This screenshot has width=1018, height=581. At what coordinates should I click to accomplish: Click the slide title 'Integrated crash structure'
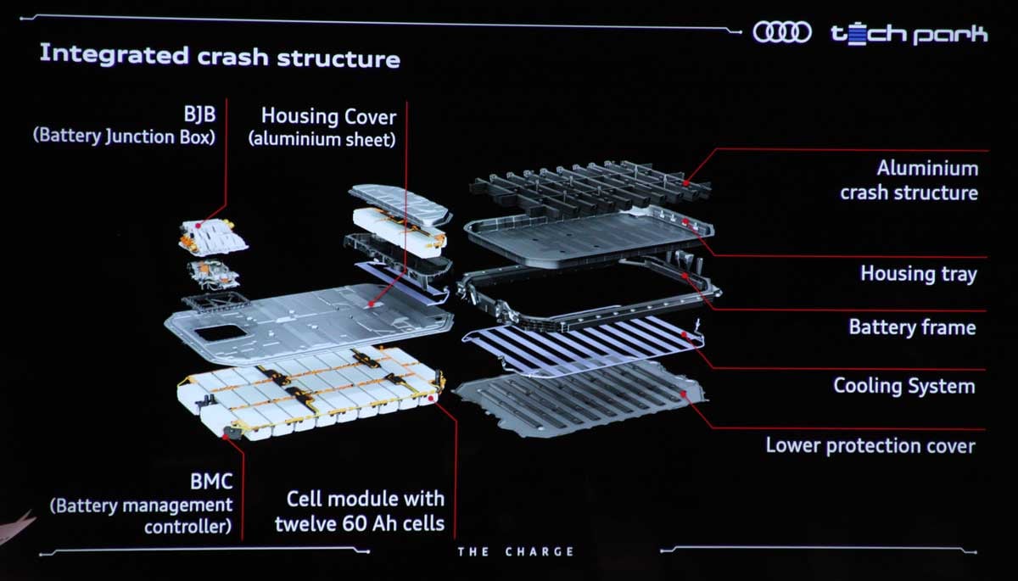tap(220, 57)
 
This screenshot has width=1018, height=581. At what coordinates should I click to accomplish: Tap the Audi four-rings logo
tap(783, 33)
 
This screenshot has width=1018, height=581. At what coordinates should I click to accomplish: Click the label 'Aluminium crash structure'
tap(909, 180)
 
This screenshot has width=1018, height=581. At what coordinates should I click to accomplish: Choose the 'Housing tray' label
tap(918, 273)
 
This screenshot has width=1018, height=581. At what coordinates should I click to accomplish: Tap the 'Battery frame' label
tap(912, 327)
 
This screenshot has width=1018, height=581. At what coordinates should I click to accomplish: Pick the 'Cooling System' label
tap(903, 386)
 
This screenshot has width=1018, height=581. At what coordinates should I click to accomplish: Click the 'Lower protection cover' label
tap(870, 445)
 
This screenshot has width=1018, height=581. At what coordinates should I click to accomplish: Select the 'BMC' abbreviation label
tap(211, 483)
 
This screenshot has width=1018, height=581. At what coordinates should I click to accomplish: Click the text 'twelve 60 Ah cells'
tap(360, 522)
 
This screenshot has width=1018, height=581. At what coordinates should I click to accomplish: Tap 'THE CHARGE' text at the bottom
tap(516, 552)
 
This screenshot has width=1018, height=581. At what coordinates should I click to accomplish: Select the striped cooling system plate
tap(585, 349)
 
